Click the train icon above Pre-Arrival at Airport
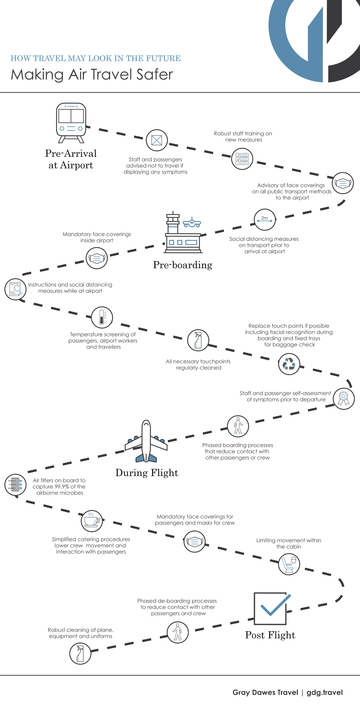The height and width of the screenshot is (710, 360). (71, 123)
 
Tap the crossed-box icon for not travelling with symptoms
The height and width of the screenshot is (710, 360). (157, 140)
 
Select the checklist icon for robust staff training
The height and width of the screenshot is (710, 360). (242, 159)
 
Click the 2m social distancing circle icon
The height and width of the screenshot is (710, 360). (265, 220)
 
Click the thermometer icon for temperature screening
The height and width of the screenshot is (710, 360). (102, 317)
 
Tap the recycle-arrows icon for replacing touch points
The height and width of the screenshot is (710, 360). (289, 364)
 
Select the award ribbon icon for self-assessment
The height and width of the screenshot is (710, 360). (344, 399)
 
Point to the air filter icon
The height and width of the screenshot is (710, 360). (15, 485)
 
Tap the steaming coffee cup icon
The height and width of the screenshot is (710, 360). (92, 521)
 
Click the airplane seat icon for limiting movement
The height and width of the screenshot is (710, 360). (289, 564)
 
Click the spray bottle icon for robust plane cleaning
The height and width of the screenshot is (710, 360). (80, 654)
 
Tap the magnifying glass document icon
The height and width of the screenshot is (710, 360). (15, 289)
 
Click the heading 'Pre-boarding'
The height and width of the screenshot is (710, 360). (183, 265)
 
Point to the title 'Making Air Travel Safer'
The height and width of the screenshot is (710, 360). (92, 74)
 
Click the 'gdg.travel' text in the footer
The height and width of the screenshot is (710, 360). (325, 692)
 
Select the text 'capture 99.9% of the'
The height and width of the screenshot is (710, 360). (59, 487)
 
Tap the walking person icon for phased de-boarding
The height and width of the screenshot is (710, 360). (178, 632)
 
